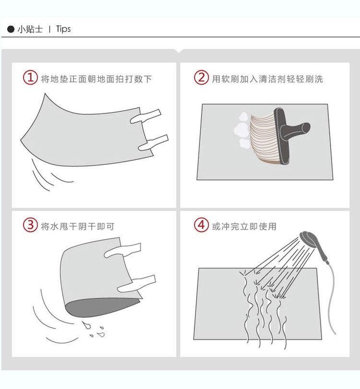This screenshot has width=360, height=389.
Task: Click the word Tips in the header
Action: pos(63,29)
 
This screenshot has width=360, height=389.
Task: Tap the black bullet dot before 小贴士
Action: pos(11,29)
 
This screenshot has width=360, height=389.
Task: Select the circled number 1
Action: pos(30,78)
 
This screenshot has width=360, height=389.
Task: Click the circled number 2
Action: pos(201,77)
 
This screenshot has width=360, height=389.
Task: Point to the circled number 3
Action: pos(30,225)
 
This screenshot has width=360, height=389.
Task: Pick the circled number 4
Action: pos(201,225)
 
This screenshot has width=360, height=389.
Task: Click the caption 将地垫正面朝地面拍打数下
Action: pos(96,79)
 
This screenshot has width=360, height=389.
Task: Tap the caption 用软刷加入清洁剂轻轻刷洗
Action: pos(267,79)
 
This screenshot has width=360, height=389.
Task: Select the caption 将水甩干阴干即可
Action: pos(78,226)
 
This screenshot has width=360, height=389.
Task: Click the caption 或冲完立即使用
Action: pos(244,226)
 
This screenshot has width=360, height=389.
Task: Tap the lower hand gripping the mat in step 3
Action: pos(136,283)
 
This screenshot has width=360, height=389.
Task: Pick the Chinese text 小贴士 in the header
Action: pos(30,29)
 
